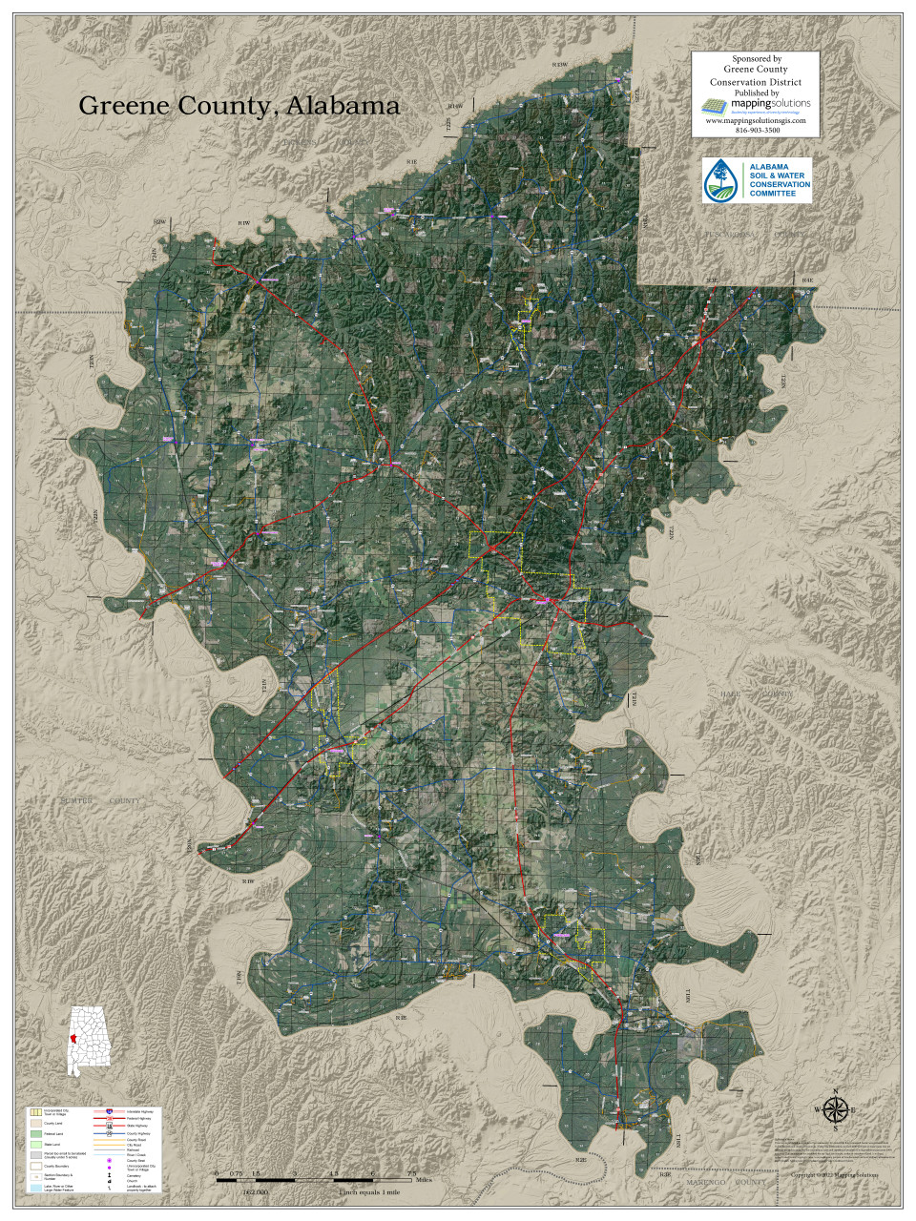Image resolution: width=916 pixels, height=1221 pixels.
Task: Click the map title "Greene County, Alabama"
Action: pyautogui.click(x=239, y=106)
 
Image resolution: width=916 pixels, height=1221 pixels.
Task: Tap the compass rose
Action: pyautogui.click(x=835, y=1109)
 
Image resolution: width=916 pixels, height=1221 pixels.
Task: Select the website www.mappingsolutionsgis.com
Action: pyautogui.click(x=755, y=121)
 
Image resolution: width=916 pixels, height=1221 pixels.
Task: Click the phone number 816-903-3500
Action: pyautogui.click(x=756, y=131)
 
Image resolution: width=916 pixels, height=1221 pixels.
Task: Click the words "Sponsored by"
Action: pyautogui.click(x=756, y=58)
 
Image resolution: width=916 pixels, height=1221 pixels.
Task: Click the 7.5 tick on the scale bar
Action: pyautogui.click(x=412, y=1173)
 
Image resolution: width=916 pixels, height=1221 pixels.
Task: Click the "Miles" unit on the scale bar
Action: pyautogui.click(x=425, y=1181)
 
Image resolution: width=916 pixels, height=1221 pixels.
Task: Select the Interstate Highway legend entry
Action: pyautogui.click(x=138, y=1112)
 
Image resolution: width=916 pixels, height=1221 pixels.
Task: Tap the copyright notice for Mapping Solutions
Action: pyautogui.click(x=836, y=1174)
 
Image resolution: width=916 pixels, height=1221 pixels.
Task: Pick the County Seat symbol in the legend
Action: pyautogui.click(x=110, y=1160)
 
